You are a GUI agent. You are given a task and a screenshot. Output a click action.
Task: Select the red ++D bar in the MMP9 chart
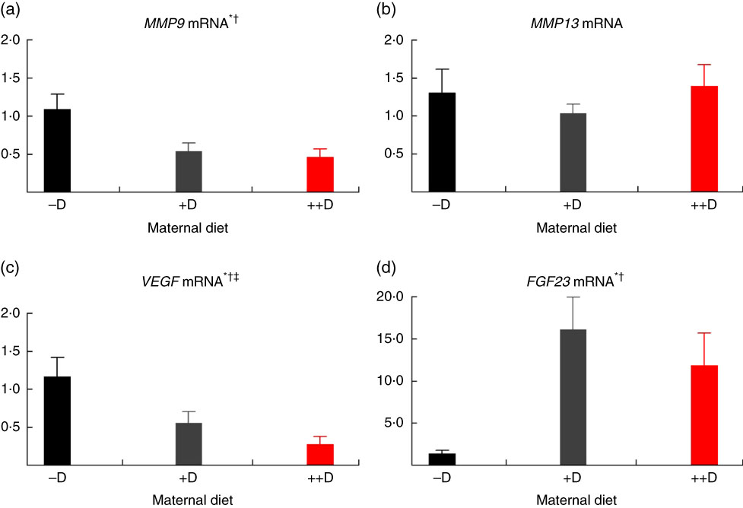(320, 174)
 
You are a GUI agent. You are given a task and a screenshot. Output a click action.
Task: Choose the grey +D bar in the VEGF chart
(189, 443)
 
